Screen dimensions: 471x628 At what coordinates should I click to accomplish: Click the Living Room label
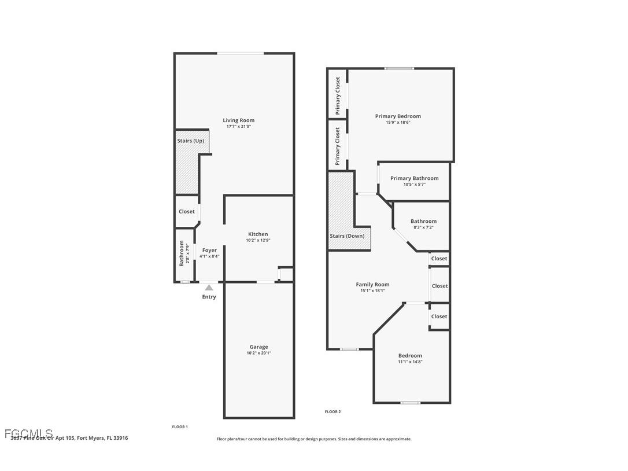[x=238, y=120]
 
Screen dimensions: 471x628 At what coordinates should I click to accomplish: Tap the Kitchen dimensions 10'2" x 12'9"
[x=257, y=240]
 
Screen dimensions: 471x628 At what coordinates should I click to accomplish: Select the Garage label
[x=258, y=347]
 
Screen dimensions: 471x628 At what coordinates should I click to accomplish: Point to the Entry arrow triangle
[x=209, y=288]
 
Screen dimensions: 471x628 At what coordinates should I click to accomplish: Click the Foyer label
[x=209, y=250]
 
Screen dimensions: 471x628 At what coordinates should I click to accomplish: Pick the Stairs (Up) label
[x=190, y=141]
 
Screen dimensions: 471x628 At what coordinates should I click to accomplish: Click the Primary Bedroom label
[x=398, y=116]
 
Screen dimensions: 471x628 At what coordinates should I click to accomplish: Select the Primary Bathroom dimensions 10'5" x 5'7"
[x=414, y=185]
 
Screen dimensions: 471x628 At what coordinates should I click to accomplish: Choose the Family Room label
[x=372, y=285]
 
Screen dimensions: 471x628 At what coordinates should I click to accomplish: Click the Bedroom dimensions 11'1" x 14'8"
[x=410, y=362]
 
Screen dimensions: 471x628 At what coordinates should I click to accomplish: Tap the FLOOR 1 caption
[x=180, y=427]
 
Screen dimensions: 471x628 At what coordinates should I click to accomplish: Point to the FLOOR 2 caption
[x=333, y=412]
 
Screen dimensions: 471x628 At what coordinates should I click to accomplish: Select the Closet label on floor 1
[x=187, y=212]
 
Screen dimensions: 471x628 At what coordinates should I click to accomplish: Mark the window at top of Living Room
[x=241, y=54]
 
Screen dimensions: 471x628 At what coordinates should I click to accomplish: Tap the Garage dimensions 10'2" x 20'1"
[x=258, y=353]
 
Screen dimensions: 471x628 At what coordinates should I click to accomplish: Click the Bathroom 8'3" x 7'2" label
[x=423, y=221]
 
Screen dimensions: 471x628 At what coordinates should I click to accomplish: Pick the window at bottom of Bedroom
[x=411, y=403]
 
